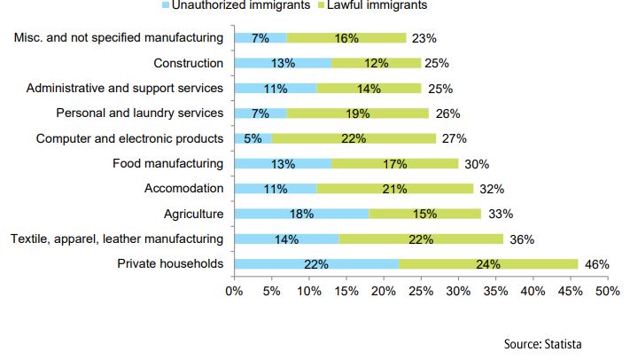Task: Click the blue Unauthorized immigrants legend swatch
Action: point(166,5)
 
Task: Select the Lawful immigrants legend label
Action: point(381,5)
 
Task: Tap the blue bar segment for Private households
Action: point(316,264)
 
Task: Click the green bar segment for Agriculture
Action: point(425,214)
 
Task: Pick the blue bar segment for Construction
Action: point(283,63)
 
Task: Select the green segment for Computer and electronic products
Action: point(354,138)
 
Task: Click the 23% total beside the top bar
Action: point(424,38)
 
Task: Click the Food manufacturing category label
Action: point(167,163)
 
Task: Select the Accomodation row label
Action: point(183,189)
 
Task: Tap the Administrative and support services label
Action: point(125,88)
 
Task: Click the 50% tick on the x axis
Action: point(608,291)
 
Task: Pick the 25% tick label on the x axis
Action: point(421,291)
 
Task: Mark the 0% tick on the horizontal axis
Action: point(234,291)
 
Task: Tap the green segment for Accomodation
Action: point(395,189)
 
